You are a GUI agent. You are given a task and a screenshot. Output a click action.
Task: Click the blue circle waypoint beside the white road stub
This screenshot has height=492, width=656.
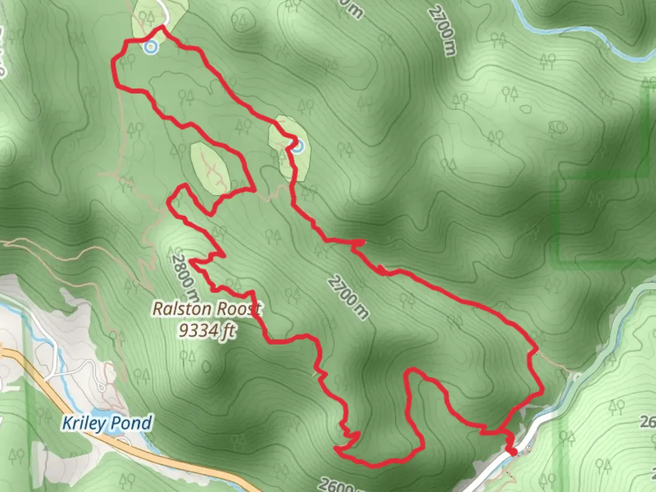click(150, 47)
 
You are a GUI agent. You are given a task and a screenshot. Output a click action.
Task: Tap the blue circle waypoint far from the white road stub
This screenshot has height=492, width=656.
click(297, 146)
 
